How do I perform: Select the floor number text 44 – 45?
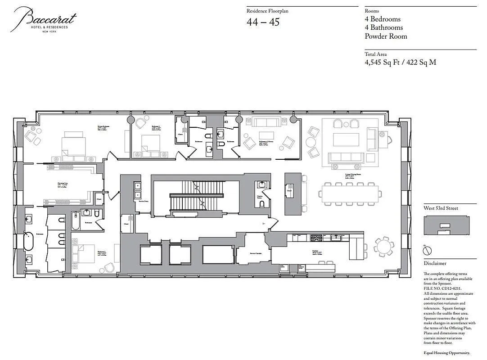coord(263,22)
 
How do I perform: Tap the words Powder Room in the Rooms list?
coord(386,36)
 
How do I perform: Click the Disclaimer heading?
coord(435,264)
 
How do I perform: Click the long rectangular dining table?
coord(350,194)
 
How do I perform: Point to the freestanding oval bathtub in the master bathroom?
coord(28,241)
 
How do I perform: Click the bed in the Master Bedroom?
coord(73,144)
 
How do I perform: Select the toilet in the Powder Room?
coord(262,203)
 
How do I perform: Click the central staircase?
coord(197,196)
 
